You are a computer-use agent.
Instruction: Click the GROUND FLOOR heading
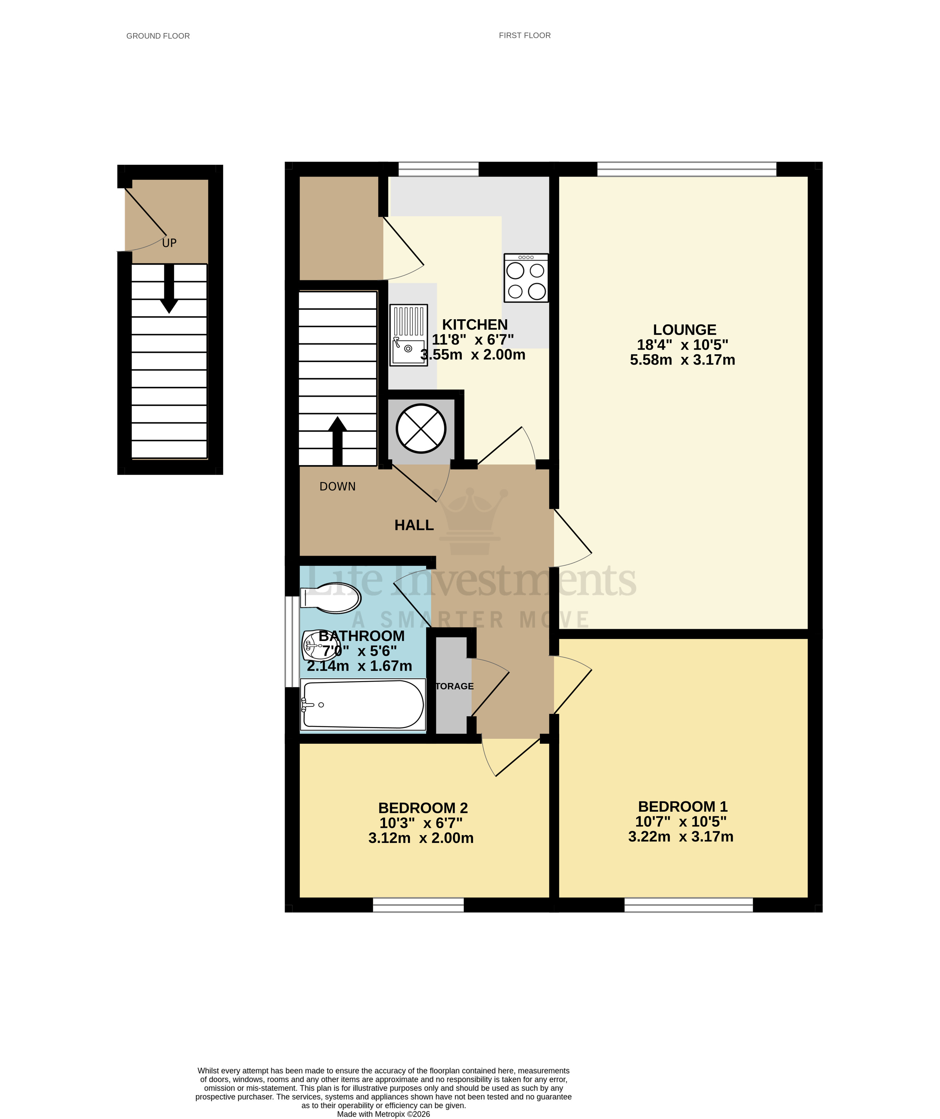[158, 36]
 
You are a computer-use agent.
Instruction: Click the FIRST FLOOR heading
[524, 35]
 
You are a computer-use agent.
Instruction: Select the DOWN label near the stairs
[337, 486]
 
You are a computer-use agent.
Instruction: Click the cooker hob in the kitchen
[526, 278]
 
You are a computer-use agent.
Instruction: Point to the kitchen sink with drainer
[408, 335]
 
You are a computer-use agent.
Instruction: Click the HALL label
[414, 525]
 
